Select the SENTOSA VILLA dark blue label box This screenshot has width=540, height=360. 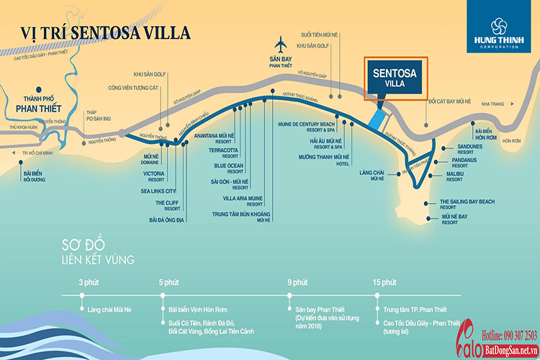pos(395,77)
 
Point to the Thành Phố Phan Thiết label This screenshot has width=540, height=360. pos(35,104)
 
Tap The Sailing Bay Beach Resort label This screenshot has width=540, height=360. pos(467,204)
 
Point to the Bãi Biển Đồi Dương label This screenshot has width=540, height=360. pos(35,176)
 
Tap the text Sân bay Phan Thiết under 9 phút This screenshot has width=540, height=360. pos(313,309)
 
